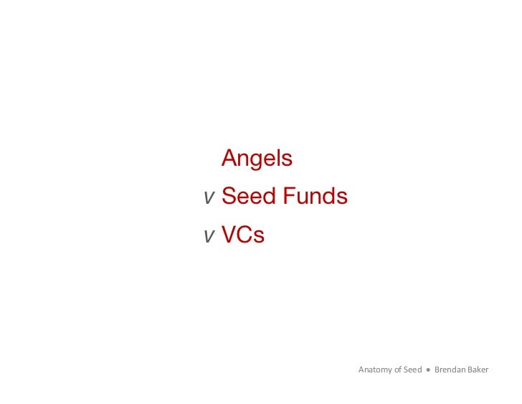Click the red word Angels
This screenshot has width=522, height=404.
(257, 159)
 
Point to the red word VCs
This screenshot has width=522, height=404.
(243, 234)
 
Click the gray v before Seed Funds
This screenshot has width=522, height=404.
(209, 198)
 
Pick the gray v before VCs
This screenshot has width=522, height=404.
(209, 236)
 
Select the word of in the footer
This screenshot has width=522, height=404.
(398, 370)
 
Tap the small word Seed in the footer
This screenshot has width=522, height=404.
(412, 370)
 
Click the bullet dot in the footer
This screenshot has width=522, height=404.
(428, 370)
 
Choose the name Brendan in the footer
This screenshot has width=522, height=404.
(450, 370)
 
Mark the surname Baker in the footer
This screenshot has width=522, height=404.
(478, 370)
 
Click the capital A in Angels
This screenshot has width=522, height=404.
(229, 158)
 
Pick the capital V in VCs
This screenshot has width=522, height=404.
(229, 234)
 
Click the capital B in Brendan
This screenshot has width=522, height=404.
(437, 370)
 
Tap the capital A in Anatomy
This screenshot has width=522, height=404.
(361, 370)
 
